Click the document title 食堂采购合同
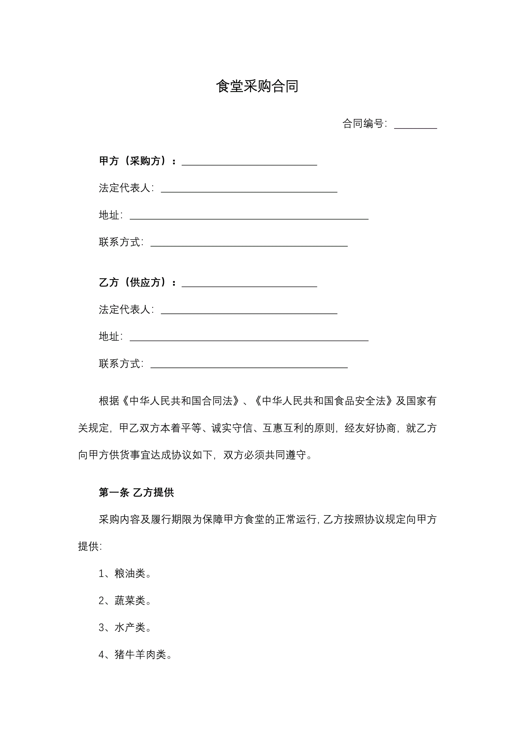click(257, 86)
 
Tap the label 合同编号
click(364, 123)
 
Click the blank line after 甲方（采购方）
click(249, 162)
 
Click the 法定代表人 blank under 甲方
click(249, 189)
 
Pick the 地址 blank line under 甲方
click(249, 216)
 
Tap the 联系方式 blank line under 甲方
click(249, 243)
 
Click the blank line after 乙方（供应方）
click(249, 283)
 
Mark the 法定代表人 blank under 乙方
click(249, 310)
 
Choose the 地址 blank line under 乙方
click(249, 337)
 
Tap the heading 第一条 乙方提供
click(136, 492)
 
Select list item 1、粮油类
click(125, 574)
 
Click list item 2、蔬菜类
click(125, 600)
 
